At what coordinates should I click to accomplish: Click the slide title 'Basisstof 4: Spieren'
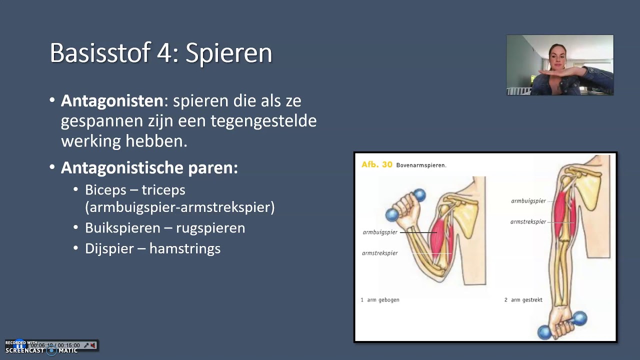click(x=160, y=52)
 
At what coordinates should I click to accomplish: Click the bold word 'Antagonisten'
click(x=112, y=100)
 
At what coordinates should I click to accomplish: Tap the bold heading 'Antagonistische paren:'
click(x=149, y=167)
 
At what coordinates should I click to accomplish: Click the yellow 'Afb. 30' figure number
click(x=376, y=164)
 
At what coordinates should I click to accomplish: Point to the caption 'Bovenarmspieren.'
click(x=421, y=165)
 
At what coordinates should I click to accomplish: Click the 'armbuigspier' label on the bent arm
click(x=380, y=232)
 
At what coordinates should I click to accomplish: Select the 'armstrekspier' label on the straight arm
click(x=528, y=221)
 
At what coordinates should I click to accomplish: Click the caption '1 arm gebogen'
click(x=380, y=300)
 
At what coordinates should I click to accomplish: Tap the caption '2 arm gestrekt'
click(x=523, y=300)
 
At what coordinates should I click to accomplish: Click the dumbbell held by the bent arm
click(x=406, y=204)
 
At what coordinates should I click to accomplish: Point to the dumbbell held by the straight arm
click(x=562, y=325)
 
